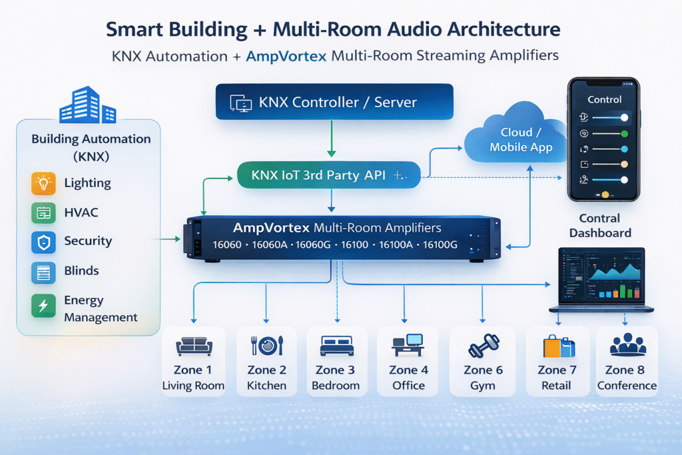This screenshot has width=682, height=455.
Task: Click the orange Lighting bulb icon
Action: pos(43,183)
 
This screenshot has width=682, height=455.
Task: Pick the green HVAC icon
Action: pos(43,213)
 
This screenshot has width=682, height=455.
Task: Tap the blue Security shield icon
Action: pos(43,242)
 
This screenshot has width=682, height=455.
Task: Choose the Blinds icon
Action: pos(43,271)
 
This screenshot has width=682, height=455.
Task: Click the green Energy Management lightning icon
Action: pos(43,306)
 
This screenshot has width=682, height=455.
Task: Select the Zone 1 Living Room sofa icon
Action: pos(194,346)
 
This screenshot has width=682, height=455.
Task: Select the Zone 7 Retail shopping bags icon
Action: pos(557,346)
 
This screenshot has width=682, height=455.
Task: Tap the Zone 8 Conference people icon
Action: pos(627,344)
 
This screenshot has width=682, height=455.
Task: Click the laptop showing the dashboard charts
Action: pos(601,280)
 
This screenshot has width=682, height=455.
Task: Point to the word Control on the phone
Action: pos(604,99)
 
